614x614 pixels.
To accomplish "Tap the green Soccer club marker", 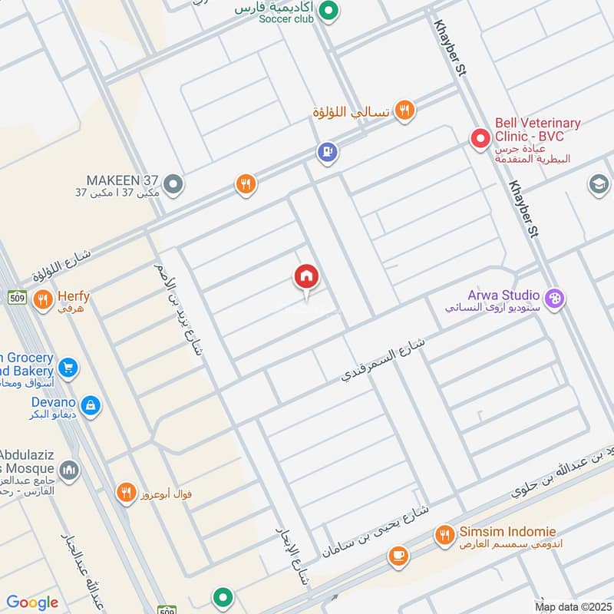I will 329,11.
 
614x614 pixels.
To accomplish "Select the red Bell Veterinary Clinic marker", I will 480,139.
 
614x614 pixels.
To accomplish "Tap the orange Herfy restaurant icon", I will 43,298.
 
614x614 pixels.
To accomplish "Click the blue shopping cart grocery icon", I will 68,368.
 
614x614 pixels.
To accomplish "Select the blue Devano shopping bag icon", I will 91,404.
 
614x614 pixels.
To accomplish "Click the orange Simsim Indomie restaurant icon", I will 444,534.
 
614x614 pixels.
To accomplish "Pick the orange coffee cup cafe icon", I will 398,556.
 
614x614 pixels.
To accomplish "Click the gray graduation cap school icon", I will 598,184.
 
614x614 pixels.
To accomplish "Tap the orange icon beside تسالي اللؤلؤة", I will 404,111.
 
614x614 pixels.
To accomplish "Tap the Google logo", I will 32,602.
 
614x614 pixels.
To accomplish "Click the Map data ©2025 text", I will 572,606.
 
